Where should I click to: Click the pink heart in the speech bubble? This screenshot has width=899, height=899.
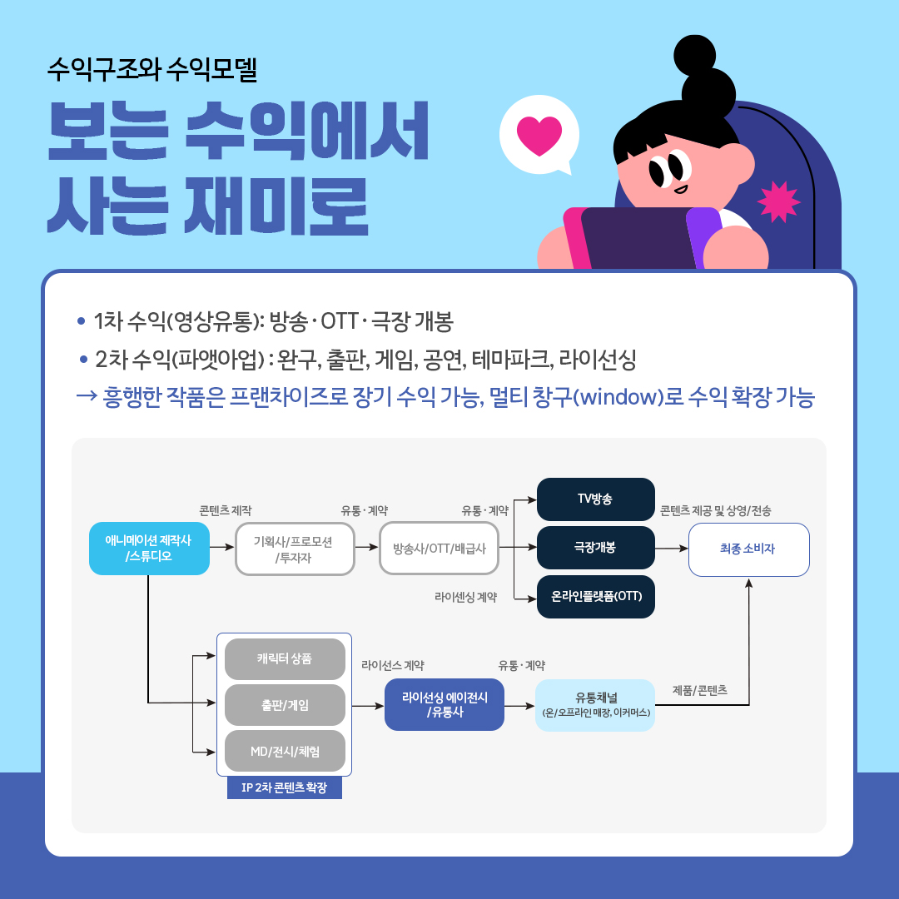pyautogui.click(x=539, y=136)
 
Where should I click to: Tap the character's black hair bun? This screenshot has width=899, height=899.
pyautogui.click(x=695, y=56)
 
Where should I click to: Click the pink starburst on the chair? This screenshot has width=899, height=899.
pyautogui.click(x=778, y=201)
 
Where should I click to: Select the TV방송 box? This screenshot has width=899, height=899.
pyautogui.click(x=596, y=499)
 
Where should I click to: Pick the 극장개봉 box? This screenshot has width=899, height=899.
pyautogui.click(x=596, y=548)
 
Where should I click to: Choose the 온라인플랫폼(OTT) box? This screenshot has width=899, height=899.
pyautogui.click(x=596, y=596)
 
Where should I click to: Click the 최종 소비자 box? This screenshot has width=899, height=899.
pyautogui.click(x=748, y=549)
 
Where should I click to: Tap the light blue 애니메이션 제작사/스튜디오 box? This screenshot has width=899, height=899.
pyautogui.click(x=149, y=548)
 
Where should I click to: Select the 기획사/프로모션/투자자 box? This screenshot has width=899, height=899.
pyautogui.click(x=295, y=549)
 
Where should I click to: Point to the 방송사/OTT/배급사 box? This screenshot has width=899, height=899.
pyautogui.click(x=440, y=549)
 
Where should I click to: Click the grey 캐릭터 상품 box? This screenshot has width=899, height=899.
pyautogui.click(x=285, y=658)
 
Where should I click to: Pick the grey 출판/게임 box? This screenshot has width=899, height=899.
pyautogui.click(x=285, y=705)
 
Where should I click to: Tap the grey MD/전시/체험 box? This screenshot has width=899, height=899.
pyautogui.click(x=285, y=751)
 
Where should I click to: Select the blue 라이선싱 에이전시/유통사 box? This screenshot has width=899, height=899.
pyautogui.click(x=445, y=705)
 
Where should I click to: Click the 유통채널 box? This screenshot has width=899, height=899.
pyautogui.click(x=595, y=705)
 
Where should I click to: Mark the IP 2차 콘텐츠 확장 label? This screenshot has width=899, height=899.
pyautogui.click(x=285, y=787)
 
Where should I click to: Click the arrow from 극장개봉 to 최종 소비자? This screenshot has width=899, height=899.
pyautogui.click(x=672, y=548)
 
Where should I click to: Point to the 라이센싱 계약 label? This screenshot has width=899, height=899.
pyautogui.click(x=465, y=597)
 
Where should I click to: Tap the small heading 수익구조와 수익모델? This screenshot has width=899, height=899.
pyautogui.click(x=152, y=69)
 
